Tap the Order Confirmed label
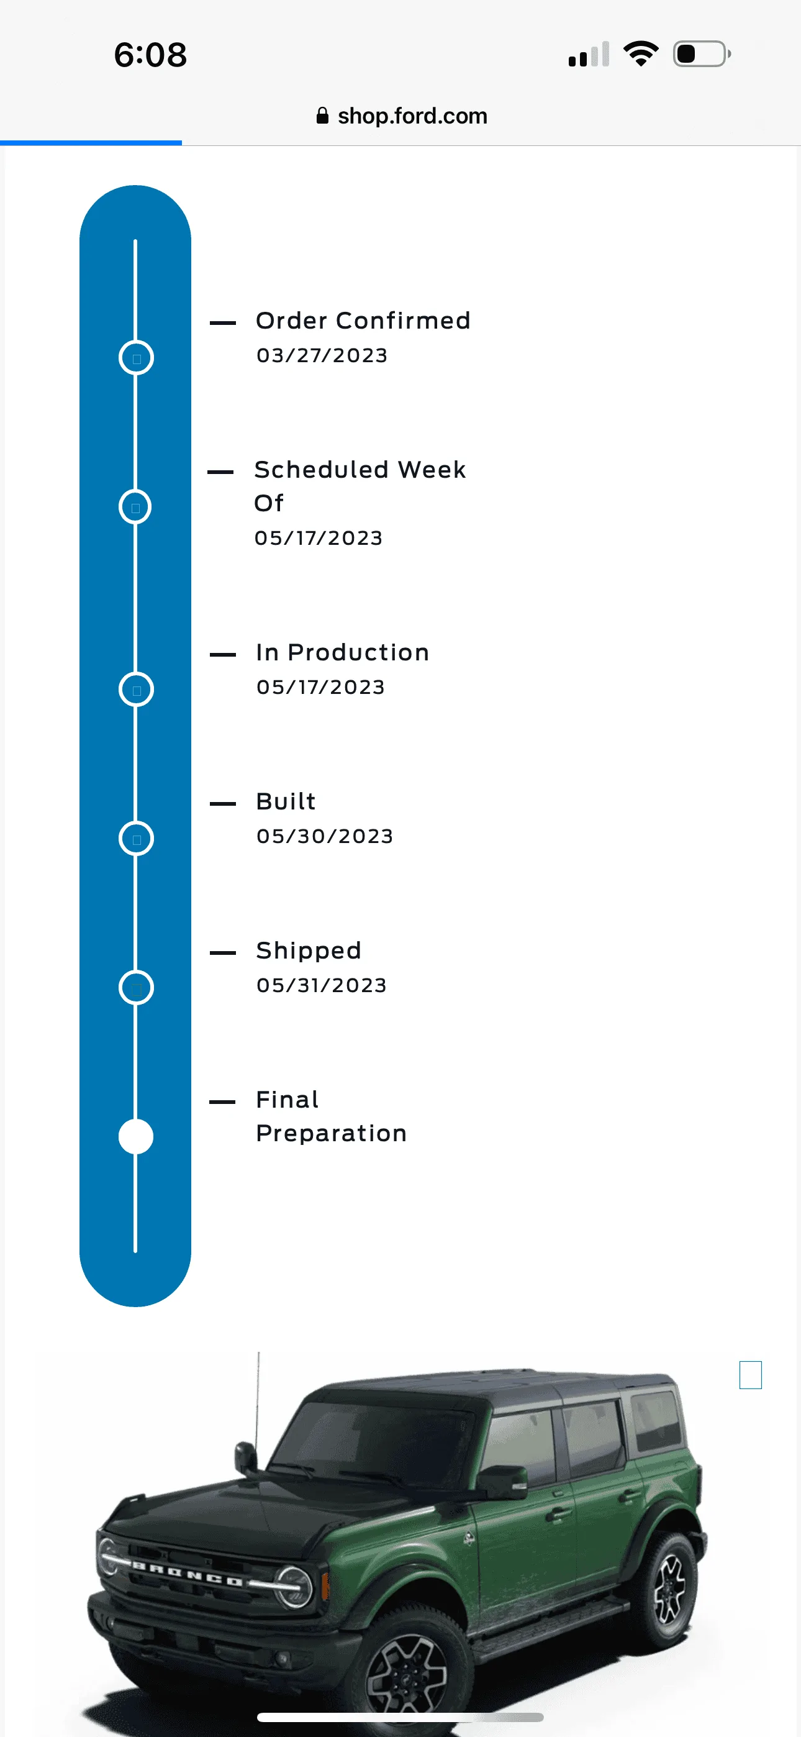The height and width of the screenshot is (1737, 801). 363,321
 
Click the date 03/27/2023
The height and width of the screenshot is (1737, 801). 322,355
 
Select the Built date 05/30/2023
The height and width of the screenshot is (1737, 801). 325,836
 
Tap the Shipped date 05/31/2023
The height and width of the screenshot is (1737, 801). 322,985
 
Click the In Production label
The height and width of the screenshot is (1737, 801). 343,652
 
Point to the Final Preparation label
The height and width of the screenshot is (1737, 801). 331,1116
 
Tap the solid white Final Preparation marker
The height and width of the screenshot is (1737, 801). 136,1136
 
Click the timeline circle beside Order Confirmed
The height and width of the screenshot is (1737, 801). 136,341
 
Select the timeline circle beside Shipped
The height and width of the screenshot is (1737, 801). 136,972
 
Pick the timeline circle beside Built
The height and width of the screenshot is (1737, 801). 136,823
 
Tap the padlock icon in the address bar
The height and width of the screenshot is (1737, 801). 323,116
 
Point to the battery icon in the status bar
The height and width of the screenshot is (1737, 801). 702,54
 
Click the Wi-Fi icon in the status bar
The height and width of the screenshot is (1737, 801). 641,54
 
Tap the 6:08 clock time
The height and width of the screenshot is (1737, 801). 150,55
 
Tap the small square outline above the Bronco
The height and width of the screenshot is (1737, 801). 751,1375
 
